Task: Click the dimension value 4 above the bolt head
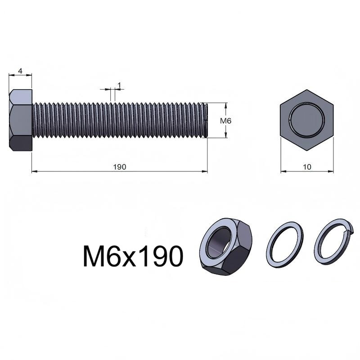(20, 71)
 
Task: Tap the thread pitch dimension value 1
(119, 85)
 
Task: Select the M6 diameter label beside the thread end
(226, 121)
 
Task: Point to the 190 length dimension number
(120, 167)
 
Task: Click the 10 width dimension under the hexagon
(307, 167)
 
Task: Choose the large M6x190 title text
(133, 256)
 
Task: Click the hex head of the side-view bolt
(21, 120)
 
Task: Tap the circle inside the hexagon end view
(307, 120)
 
